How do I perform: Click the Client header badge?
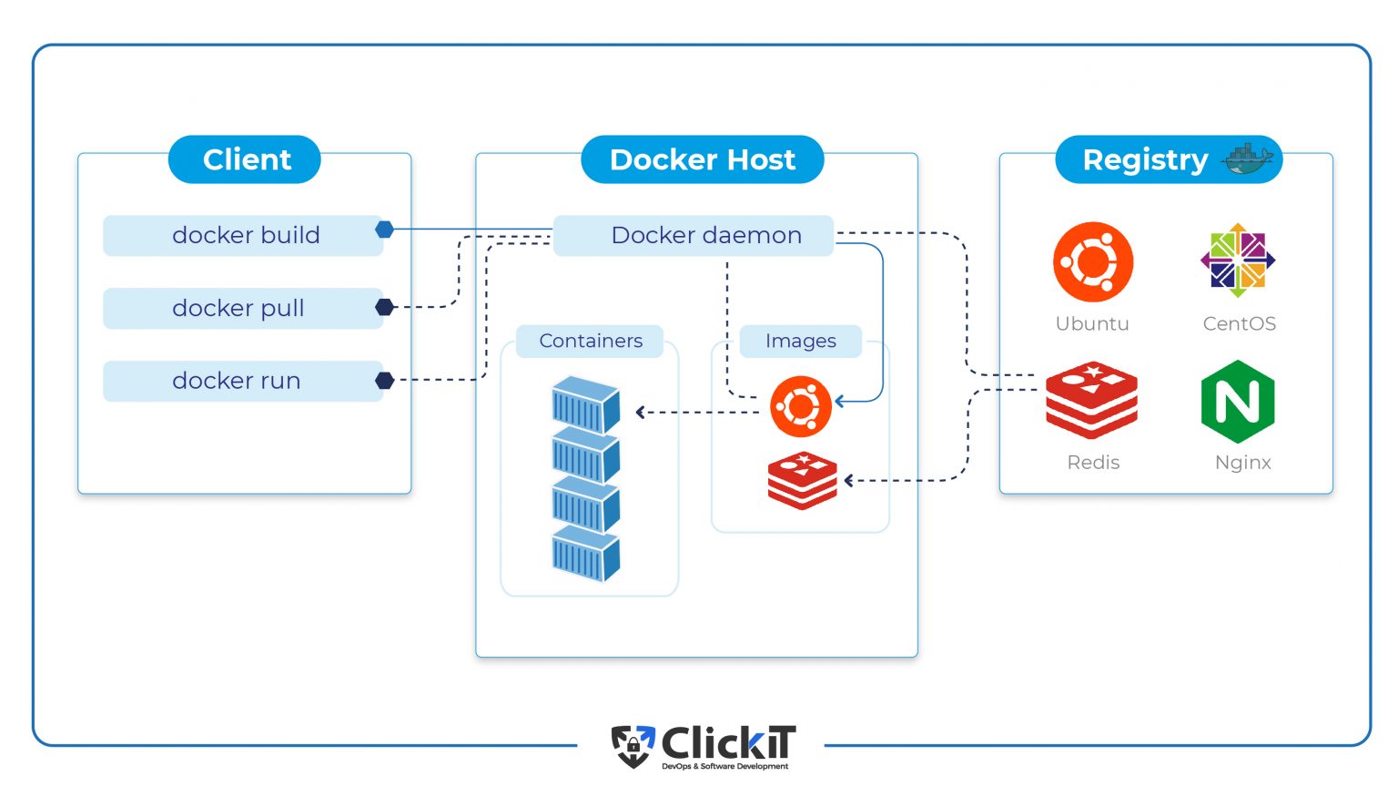click(x=244, y=159)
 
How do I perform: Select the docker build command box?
click(x=243, y=235)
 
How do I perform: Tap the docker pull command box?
click(x=243, y=308)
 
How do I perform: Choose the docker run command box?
click(x=243, y=381)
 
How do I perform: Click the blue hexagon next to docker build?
click(x=385, y=230)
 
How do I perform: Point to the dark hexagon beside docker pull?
click(x=385, y=307)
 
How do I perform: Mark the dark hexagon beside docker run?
click(x=385, y=380)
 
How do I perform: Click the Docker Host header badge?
click(x=702, y=159)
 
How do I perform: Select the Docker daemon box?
click(x=694, y=235)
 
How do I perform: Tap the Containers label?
click(x=590, y=341)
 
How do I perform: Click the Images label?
click(x=800, y=341)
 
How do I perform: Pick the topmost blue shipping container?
click(x=585, y=403)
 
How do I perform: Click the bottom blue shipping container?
click(x=585, y=553)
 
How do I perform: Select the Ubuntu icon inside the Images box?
click(x=801, y=406)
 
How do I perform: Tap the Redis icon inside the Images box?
click(x=802, y=480)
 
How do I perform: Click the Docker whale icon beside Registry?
click(x=1248, y=158)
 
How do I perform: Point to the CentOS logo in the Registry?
click(x=1238, y=260)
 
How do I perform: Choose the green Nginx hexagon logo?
click(x=1238, y=402)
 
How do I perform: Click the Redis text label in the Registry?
click(x=1093, y=462)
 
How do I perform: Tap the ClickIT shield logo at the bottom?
click(x=633, y=746)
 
